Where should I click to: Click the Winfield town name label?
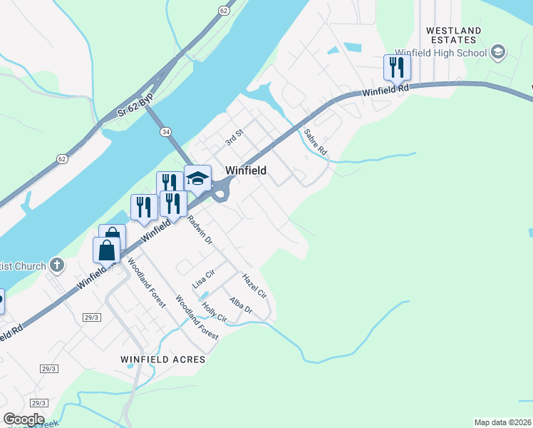tap(246, 170)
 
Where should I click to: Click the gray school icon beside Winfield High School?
tap(497, 51)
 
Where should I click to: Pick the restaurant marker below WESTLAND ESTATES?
tap(397, 68)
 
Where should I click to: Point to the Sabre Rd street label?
tap(315, 142)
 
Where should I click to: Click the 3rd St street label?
tap(234, 138)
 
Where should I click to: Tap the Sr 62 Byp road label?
tap(135, 106)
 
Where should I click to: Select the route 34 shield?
tap(165, 132)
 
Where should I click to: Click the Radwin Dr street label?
tap(200, 230)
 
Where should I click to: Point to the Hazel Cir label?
tap(254, 285)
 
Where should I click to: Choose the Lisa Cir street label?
tap(204, 279)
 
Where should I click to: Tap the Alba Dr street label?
tap(241, 305)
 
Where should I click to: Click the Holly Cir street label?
tap(214, 313)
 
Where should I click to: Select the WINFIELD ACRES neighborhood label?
tap(162, 360)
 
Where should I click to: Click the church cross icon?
tap(58, 266)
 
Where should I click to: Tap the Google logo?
tap(24, 419)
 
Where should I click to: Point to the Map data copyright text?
tap(502, 422)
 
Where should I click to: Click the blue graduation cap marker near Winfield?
tap(197, 179)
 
